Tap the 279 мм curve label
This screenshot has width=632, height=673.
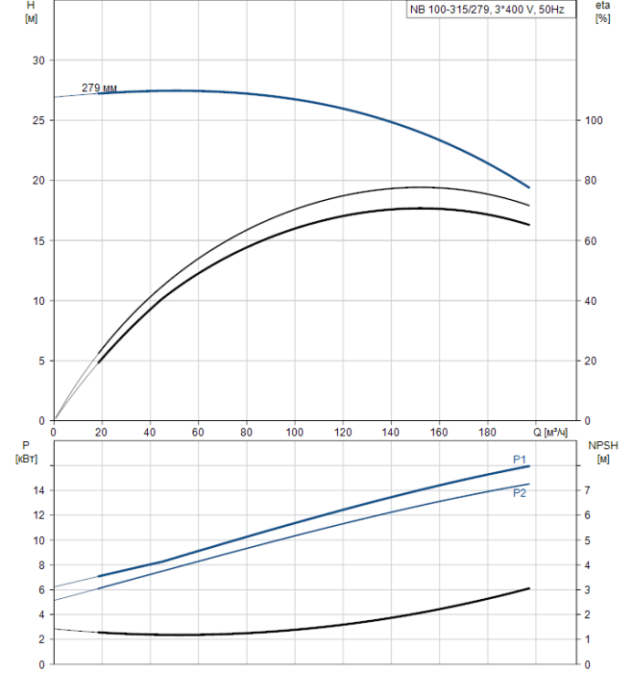click(x=98, y=88)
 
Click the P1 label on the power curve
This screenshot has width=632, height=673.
click(x=520, y=459)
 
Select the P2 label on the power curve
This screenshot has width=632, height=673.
click(x=520, y=493)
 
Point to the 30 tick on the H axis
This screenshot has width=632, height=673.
click(x=38, y=61)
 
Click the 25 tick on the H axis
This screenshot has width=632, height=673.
click(x=38, y=120)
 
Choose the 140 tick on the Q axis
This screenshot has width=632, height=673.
click(x=391, y=432)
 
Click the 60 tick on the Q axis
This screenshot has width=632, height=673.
click(x=198, y=432)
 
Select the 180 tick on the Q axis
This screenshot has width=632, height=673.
click(x=488, y=432)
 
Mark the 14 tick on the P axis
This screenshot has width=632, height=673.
click(x=38, y=490)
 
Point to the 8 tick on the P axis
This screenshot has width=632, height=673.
click(x=41, y=564)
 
